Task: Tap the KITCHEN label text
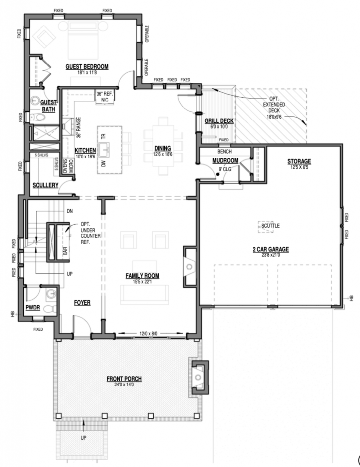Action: [85, 150]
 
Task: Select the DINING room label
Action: [162, 148]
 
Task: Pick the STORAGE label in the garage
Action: [299, 161]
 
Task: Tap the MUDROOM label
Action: [225, 161]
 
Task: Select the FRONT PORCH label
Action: [124, 379]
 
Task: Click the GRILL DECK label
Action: [219, 121]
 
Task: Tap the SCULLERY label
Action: [45, 185]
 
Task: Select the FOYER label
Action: [82, 302]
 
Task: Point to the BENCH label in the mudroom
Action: [224, 151]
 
